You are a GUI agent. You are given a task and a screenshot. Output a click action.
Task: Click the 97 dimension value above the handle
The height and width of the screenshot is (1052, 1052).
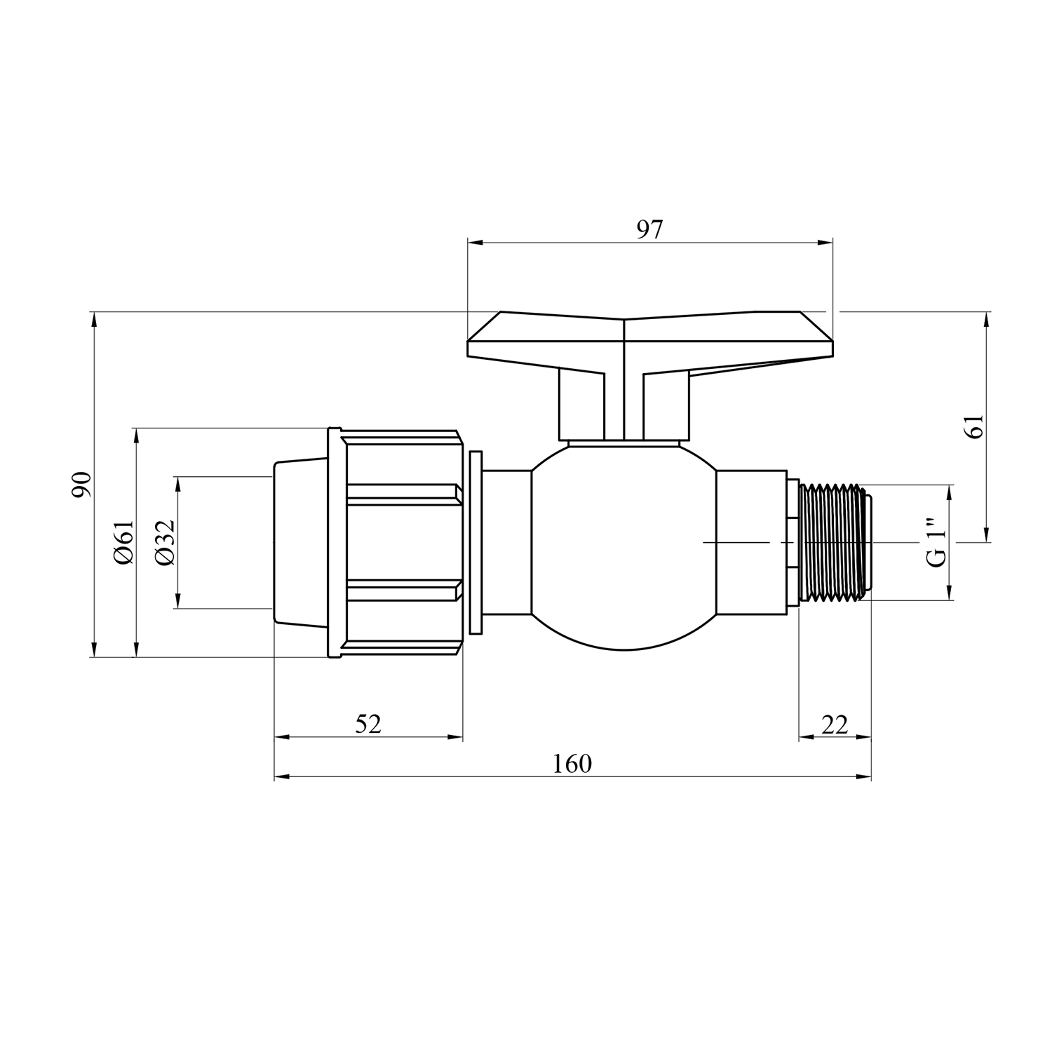[649, 229]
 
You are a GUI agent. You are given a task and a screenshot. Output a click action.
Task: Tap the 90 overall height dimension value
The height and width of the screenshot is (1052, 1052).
[83, 484]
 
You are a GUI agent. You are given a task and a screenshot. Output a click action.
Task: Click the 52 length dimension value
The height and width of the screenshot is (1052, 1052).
[368, 724]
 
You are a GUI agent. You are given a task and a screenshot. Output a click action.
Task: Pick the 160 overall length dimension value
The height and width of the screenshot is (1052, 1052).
[572, 764]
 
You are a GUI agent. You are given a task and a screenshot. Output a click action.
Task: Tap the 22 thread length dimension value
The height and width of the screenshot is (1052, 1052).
[835, 724]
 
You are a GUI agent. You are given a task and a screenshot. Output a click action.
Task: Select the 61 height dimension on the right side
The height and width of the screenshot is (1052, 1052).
[976, 426]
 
